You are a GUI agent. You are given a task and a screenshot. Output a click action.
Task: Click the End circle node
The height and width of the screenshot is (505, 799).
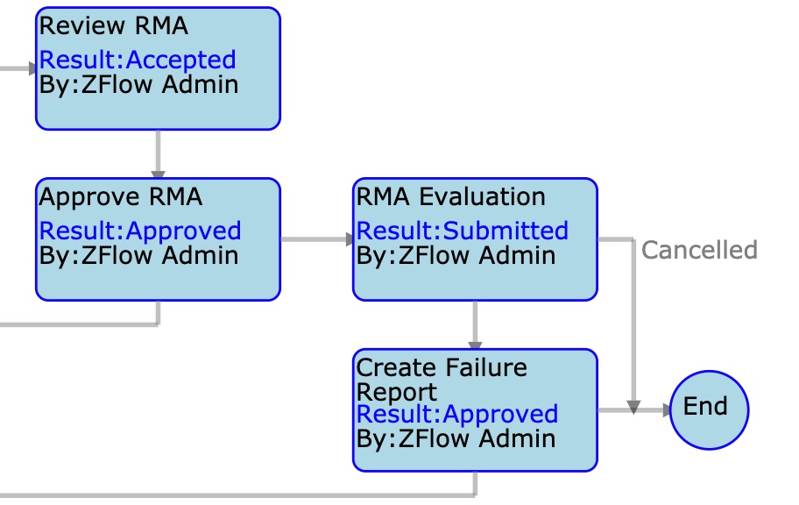[x=709, y=409]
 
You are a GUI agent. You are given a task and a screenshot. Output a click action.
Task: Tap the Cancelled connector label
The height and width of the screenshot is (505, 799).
[x=699, y=250]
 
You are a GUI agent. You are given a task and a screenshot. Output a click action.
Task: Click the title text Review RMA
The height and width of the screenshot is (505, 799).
[x=114, y=25]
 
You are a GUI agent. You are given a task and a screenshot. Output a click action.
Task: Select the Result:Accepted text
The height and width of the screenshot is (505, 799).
[x=138, y=60]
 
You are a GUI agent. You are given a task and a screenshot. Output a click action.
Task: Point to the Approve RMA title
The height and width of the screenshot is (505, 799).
[x=121, y=197]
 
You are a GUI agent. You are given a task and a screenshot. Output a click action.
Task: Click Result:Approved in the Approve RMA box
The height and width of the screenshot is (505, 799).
[x=140, y=231]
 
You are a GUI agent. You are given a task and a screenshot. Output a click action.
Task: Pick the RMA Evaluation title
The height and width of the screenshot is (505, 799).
[x=451, y=196]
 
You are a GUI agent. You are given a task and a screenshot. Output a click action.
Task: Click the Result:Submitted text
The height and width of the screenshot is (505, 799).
[x=463, y=231]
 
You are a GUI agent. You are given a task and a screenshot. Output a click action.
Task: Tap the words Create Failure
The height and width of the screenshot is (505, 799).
[x=442, y=367]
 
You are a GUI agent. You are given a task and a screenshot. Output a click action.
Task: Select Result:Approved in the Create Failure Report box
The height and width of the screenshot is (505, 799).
[x=457, y=414]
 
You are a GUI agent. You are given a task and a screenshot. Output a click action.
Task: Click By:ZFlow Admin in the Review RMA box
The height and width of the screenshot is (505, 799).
[x=138, y=84]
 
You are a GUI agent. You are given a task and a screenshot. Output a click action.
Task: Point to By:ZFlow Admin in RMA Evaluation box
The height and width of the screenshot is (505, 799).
[x=456, y=255]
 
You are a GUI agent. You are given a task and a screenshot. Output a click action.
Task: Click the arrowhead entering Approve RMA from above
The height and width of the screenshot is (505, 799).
[x=158, y=174]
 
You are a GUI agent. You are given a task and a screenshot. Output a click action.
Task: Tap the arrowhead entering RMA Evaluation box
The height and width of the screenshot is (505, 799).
[x=350, y=239]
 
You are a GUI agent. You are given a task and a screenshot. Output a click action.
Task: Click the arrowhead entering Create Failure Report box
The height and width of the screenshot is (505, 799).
[x=475, y=345]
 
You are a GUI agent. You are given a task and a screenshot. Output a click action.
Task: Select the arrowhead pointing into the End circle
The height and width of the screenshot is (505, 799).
[x=667, y=410]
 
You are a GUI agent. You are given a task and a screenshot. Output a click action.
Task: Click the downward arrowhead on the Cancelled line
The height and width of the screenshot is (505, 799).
[x=633, y=408]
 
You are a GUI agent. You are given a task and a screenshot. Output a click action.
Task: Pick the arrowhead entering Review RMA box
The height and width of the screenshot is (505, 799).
[x=32, y=68]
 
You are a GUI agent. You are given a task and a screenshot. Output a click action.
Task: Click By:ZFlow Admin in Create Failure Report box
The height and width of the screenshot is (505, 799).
[x=456, y=438]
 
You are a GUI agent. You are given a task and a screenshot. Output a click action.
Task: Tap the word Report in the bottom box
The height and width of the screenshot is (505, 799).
[x=397, y=392]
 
